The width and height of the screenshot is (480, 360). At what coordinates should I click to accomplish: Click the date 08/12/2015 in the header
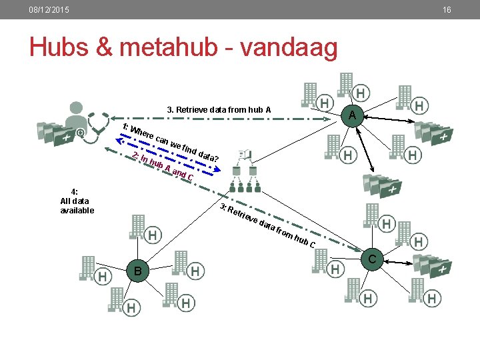pyautogui.click(x=49, y=10)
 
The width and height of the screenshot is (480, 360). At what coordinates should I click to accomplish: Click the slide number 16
pyautogui.click(x=447, y=10)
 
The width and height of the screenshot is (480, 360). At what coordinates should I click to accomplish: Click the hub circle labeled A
pyautogui.click(x=352, y=115)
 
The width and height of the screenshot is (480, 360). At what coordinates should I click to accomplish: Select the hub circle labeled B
pyautogui.click(x=137, y=271)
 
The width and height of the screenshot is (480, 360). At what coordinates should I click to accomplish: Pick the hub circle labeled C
pyautogui.click(x=373, y=259)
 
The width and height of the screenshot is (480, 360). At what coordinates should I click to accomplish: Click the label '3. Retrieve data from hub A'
pyautogui.click(x=218, y=109)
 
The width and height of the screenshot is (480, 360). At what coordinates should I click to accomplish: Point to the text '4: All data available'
pyautogui.click(x=75, y=201)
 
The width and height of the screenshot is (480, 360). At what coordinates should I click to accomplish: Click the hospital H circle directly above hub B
pyautogui.click(x=153, y=235)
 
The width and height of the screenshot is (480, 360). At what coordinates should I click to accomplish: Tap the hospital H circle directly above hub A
pyautogui.click(x=361, y=92)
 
